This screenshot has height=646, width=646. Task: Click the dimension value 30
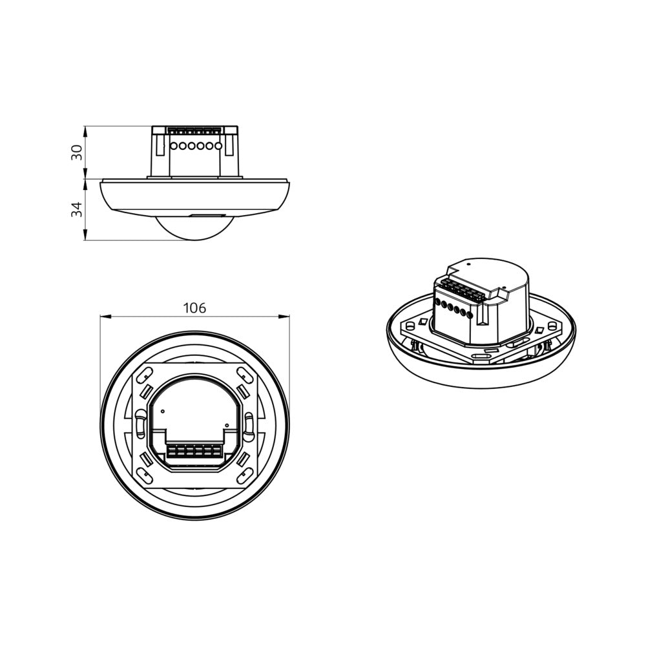(x=77, y=152)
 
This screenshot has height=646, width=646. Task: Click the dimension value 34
(x=77, y=209)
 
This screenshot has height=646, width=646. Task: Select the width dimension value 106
(x=194, y=308)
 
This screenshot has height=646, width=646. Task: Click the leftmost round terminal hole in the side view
(x=174, y=147)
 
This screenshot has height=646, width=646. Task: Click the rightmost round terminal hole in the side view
(x=218, y=147)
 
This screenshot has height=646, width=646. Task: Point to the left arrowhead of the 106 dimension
(x=104, y=316)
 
